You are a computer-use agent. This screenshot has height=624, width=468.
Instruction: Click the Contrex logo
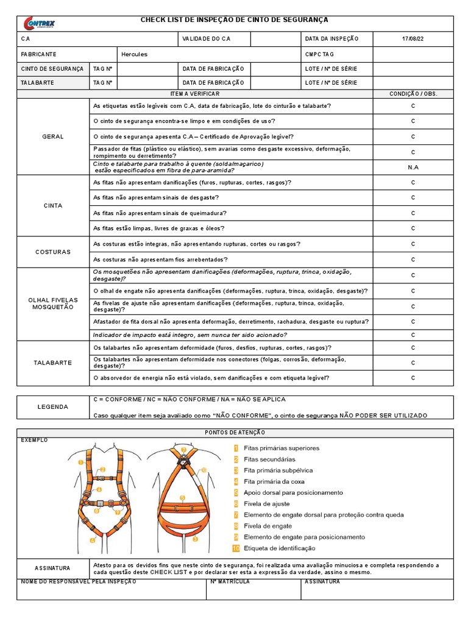(39, 23)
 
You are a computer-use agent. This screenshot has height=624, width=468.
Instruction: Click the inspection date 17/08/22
(413, 38)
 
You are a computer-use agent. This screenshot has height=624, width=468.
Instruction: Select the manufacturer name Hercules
(135, 54)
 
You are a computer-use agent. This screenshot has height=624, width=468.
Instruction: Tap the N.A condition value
(413, 167)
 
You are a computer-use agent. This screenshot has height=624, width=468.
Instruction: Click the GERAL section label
(53, 136)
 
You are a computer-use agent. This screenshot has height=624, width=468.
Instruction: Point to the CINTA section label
(53, 205)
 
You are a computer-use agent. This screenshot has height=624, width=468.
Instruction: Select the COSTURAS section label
(53, 252)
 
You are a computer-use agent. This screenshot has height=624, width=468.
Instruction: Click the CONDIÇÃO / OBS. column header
(413, 94)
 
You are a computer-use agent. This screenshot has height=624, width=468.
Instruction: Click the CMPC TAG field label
(321, 54)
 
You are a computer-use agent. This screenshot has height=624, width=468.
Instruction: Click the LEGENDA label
(53, 407)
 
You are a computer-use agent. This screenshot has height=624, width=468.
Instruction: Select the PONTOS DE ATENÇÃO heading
(235, 432)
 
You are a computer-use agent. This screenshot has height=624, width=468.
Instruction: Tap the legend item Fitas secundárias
(269, 459)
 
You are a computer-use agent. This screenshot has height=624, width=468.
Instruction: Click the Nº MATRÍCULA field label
(230, 582)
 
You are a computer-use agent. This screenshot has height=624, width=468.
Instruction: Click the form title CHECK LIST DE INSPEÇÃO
(235, 20)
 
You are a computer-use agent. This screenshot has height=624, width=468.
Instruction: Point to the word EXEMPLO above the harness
(34, 440)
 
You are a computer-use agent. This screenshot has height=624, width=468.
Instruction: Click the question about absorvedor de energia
(211, 378)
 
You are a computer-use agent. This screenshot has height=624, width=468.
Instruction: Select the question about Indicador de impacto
(190, 335)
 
